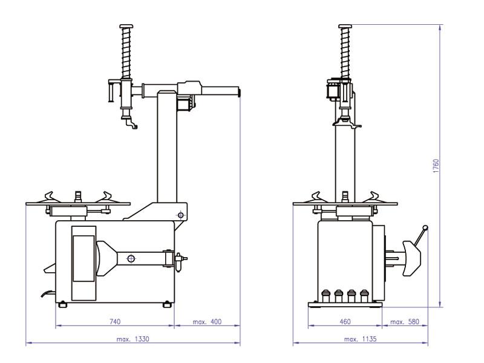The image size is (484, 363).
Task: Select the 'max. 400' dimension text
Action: point(207,322)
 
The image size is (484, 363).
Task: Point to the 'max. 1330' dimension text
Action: point(132,339)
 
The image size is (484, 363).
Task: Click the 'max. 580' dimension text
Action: point(405,322)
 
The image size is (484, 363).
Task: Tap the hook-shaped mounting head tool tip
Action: point(131,126)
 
